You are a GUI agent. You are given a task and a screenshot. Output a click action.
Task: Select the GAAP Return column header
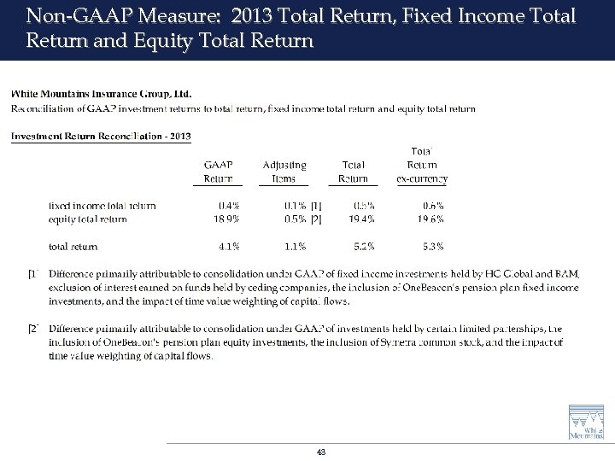[218, 171]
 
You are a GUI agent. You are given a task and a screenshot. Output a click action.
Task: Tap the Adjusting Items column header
[284, 171]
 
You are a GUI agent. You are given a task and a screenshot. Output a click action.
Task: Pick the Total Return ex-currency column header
[422, 165]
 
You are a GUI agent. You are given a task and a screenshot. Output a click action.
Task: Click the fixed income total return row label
[102, 206]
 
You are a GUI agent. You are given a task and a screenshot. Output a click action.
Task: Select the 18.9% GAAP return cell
[225, 219]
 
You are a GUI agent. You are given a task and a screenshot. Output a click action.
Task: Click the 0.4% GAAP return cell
[228, 206]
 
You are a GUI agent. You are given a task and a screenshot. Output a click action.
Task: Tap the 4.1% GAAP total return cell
[228, 247]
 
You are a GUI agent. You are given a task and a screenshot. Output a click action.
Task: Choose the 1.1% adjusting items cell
[295, 247]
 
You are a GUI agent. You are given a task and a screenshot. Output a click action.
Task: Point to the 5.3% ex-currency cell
[432, 247]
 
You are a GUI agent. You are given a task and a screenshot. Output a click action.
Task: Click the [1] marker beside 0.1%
[317, 206]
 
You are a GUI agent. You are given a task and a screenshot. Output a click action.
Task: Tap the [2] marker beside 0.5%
[317, 219]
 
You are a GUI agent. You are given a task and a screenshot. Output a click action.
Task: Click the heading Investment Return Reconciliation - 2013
[101, 137]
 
